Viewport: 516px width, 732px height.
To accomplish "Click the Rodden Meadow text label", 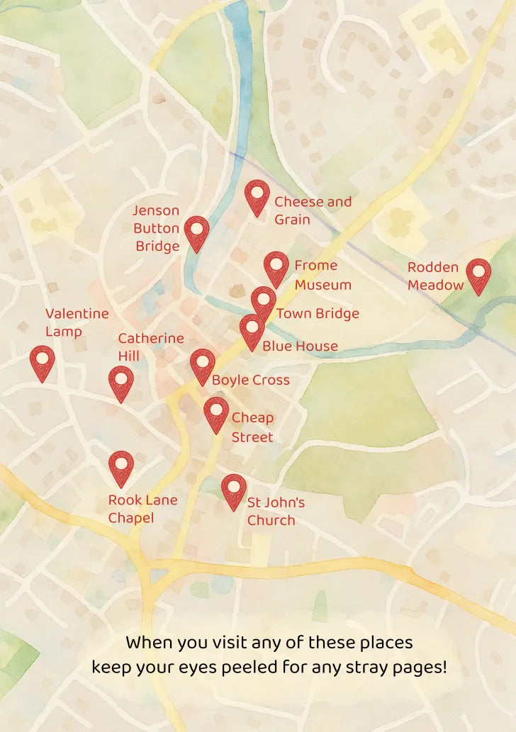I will pyautogui.click(x=435, y=276).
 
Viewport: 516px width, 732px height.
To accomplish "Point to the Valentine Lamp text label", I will pyautogui.click(x=77, y=322).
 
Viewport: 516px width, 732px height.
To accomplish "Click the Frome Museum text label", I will pyautogui.click(x=322, y=275).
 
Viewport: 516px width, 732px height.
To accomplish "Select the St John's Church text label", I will pyautogui.click(x=275, y=511).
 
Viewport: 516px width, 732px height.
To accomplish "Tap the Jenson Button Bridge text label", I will pyautogui.click(x=157, y=228).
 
